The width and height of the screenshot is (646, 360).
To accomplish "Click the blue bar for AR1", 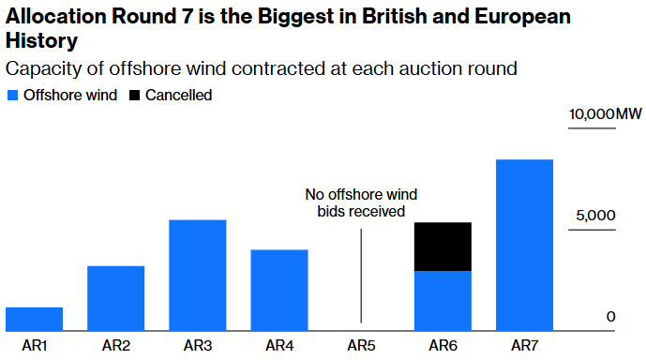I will pyautogui.click(x=34, y=319).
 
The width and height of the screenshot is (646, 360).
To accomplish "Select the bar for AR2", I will pyautogui.click(x=115, y=298).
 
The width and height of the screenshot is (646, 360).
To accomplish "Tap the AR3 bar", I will pyautogui.click(x=197, y=275).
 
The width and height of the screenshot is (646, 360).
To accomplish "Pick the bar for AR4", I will pyautogui.click(x=279, y=290).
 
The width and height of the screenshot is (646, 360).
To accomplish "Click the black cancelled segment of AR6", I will pyautogui.click(x=443, y=247).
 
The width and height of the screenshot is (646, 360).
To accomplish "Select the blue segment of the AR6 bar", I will pyautogui.click(x=443, y=301).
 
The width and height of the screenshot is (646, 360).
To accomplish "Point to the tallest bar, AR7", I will pyautogui.click(x=524, y=245).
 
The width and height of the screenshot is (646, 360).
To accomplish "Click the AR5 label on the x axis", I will pyautogui.click(x=361, y=346).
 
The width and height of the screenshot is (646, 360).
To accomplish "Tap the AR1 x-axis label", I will pyautogui.click(x=34, y=346).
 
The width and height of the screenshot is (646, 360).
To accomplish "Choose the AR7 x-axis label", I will pyautogui.click(x=524, y=346).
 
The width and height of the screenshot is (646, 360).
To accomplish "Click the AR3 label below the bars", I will pyautogui.click(x=197, y=346).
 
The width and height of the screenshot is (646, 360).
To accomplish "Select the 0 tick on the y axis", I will pyautogui.click(x=610, y=317).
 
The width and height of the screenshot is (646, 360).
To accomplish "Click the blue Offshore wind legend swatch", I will pyautogui.click(x=12, y=96).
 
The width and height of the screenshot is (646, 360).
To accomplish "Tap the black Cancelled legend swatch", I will pyautogui.click(x=135, y=96).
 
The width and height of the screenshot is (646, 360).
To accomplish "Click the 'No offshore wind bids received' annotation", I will pyautogui.click(x=361, y=202).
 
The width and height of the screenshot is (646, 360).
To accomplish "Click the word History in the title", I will pyautogui.click(x=42, y=42).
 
